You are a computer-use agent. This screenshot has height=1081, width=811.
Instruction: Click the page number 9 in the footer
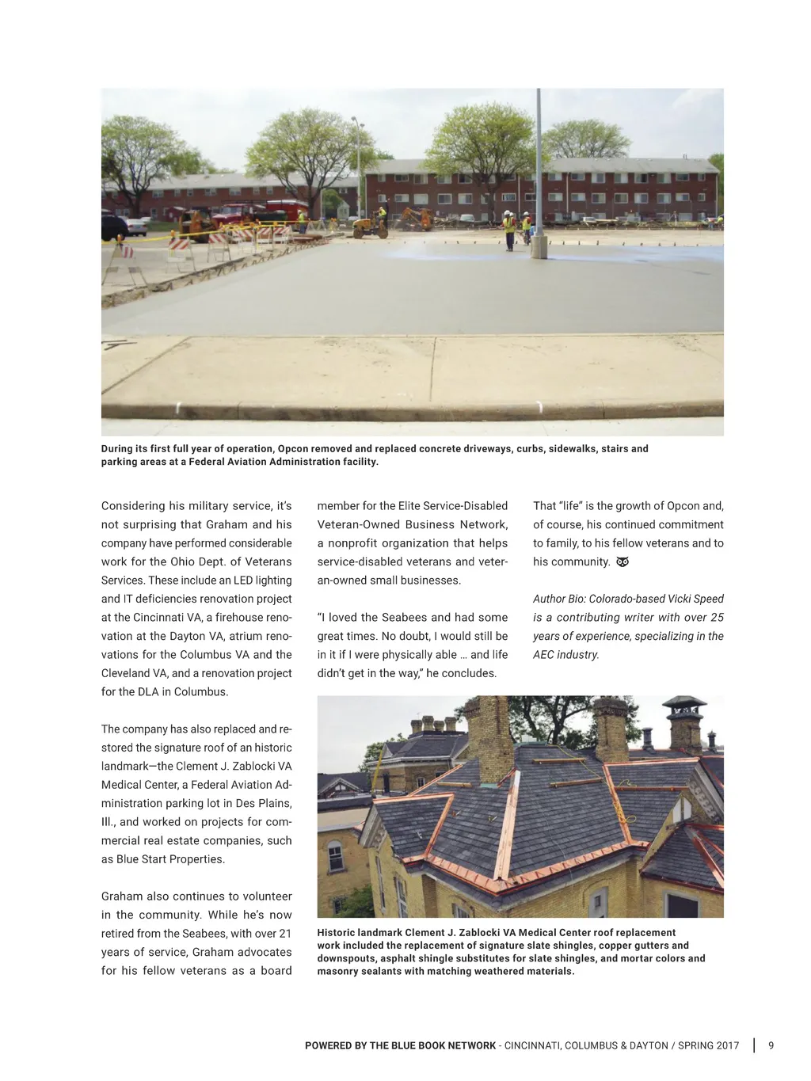pos(771,1045)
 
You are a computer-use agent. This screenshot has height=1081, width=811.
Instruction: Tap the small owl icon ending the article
pos(623,562)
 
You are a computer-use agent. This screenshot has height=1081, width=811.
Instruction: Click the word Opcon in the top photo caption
pos(294,448)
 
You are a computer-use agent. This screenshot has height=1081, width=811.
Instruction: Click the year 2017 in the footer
pos(726,1045)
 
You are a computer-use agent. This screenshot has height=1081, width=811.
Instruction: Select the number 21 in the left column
pos(285,934)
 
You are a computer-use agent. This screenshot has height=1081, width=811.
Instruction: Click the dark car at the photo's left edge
pos(112,227)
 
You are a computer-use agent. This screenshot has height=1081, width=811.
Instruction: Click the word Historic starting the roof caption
pos(336,933)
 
